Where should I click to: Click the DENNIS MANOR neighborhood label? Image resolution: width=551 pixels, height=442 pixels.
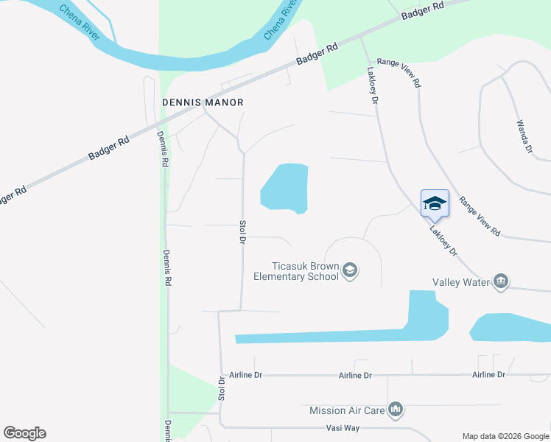pos(203,102)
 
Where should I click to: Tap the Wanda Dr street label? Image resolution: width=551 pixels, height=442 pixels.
pos(524,136)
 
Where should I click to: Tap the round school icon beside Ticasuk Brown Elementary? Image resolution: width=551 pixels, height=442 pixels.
pos(350,272)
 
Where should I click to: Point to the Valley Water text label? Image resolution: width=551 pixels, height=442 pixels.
pos(461,282)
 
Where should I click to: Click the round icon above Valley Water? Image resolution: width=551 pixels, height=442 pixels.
pos(501,281)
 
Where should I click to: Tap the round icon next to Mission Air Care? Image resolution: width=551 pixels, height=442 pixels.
pos(396,410)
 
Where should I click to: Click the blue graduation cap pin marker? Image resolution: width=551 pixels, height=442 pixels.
pos(435,203)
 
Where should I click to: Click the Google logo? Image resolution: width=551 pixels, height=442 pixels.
pos(24,433)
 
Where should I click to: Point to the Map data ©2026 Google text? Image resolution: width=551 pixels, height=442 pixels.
pos(505,436)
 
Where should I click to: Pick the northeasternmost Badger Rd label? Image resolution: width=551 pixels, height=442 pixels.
pos(423,11)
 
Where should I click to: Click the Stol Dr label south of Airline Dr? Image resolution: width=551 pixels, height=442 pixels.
pos(222,388)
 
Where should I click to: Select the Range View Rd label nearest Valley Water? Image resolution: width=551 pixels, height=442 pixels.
pos(480,216)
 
